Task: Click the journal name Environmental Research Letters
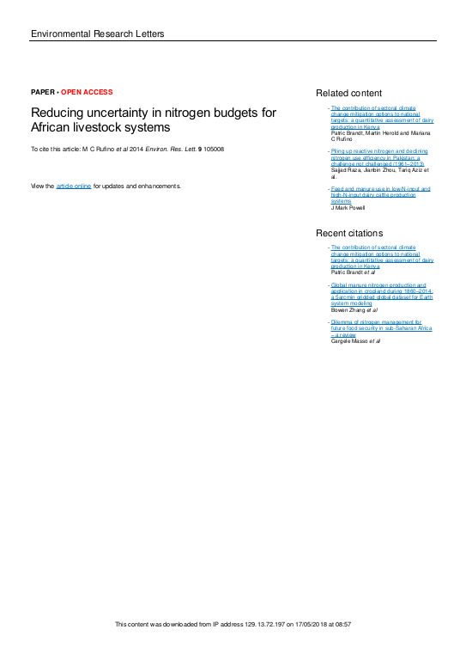coord(97,34)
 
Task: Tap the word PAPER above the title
coord(42,92)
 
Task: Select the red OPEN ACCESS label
coord(87,92)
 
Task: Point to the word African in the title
coord(54,127)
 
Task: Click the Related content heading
coord(348,93)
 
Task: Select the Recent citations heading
coord(349,233)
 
